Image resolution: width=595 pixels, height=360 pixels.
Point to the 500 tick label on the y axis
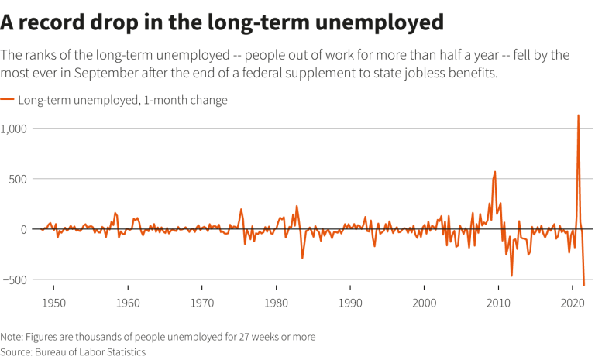pyautogui.click(x=18, y=179)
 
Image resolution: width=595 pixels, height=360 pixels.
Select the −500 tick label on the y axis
pyautogui.click(x=15, y=280)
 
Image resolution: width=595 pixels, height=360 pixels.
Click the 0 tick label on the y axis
pyautogui.click(x=24, y=229)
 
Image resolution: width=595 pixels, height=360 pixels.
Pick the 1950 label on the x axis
pyautogui.click(x=53, y=303)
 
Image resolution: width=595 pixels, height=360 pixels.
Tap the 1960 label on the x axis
pyautogui.click(x=128, y=303)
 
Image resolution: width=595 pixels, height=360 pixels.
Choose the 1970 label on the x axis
pyautogui.click(x=202, y=303)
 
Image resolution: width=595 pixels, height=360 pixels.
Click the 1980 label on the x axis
pyautogui.click(x=277, y=303)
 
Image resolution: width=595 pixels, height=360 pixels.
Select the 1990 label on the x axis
pyautogui.click(x=350, y=303)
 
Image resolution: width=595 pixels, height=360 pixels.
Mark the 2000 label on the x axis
pyautogui.click(x=425, y=303)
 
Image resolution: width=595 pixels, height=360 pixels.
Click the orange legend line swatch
pyautogui.click(x=7, y=100)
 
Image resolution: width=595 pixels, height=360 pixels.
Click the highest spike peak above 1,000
pyautogui.click(x=578, y=115)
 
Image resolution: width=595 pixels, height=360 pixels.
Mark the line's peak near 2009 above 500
pyautogui.click(x=495, y=172)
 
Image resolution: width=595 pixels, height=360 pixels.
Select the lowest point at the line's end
pyautogui.click(x=584, y=285)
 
